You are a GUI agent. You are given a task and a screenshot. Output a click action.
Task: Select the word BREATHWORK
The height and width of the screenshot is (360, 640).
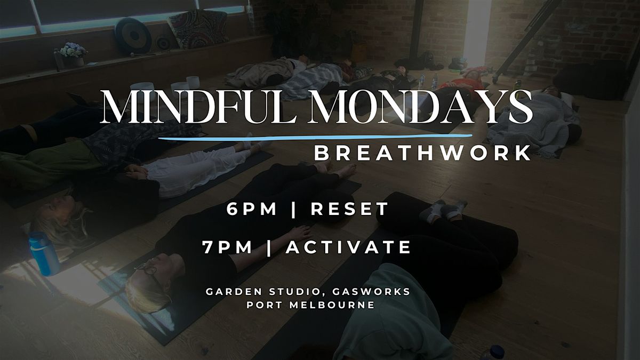coord(422,153)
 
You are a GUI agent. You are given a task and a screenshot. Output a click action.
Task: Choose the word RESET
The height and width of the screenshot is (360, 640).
coord(350,210)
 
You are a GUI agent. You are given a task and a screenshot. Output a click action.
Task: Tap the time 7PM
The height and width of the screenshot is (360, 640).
coord(229,247)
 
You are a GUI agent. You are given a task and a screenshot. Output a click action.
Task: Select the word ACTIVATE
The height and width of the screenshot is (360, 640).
coord(349,247)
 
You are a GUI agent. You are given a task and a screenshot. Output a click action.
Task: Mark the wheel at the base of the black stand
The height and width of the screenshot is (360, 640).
coord(495,78)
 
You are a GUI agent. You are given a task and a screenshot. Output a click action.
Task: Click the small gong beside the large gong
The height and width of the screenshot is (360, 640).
coord(163,43)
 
